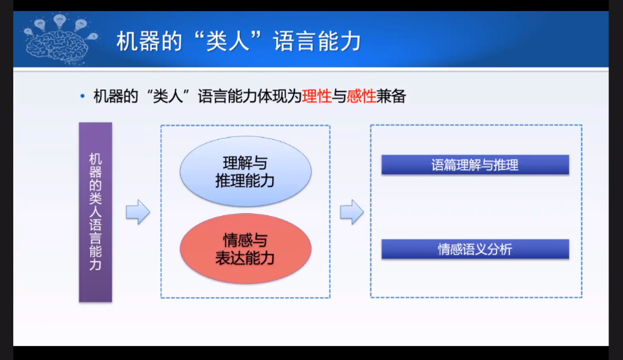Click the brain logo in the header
60,39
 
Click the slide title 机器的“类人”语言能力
239,41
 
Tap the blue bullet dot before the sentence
83,96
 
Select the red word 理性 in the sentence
317,96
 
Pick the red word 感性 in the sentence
361,96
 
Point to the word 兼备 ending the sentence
391,96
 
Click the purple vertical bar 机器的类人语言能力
95,213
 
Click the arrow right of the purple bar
138,212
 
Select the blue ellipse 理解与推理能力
245,171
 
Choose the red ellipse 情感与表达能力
245,249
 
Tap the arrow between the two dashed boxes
352,212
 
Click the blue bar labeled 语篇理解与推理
475,165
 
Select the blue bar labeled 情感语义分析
475,249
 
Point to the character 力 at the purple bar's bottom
95,264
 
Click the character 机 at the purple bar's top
95,159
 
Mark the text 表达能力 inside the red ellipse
245,258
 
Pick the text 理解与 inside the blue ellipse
245,163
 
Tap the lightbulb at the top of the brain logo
59,20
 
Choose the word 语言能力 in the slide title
317,41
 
